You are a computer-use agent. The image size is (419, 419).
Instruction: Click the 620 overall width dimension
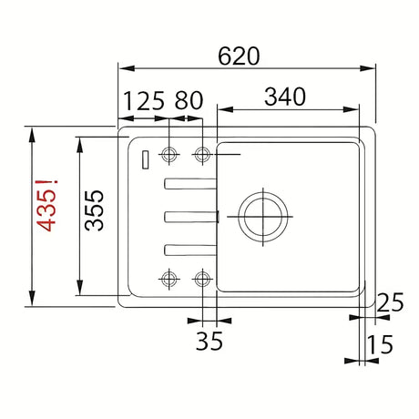click(239, 56)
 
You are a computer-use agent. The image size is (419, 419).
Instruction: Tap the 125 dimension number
click(144, 101)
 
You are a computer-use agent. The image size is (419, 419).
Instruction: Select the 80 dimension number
click(189, 101)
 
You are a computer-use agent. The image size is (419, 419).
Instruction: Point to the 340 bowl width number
click(285, 97)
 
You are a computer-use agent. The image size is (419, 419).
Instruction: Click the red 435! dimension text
click(46, 206)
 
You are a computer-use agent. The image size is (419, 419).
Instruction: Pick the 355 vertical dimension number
click(94, 210)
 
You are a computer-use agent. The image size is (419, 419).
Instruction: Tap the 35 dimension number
click(209, 341)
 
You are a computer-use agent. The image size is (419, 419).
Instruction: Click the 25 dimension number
click(390, 302)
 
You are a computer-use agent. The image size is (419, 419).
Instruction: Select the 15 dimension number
click(380, 344)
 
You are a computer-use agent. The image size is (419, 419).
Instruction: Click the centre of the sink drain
click(263, 217)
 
